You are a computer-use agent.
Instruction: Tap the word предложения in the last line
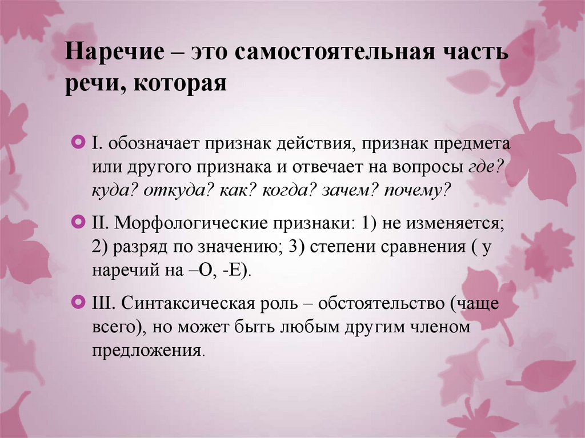tap(146, 349)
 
